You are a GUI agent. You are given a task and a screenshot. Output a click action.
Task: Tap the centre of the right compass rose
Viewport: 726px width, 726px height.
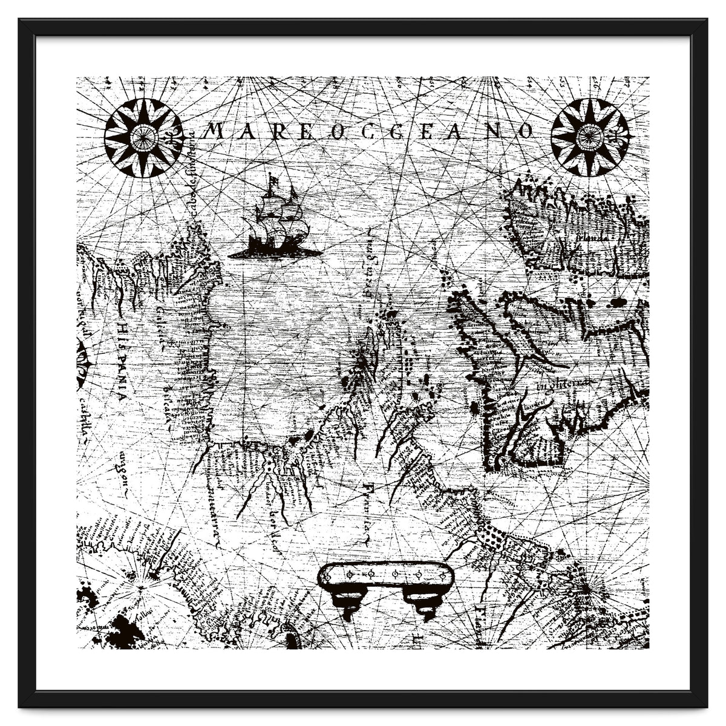pyautogui.click(x=589, y=137)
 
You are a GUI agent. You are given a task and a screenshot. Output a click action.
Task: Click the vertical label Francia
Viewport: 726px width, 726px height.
pyautogui.click(x=367, y=511)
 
